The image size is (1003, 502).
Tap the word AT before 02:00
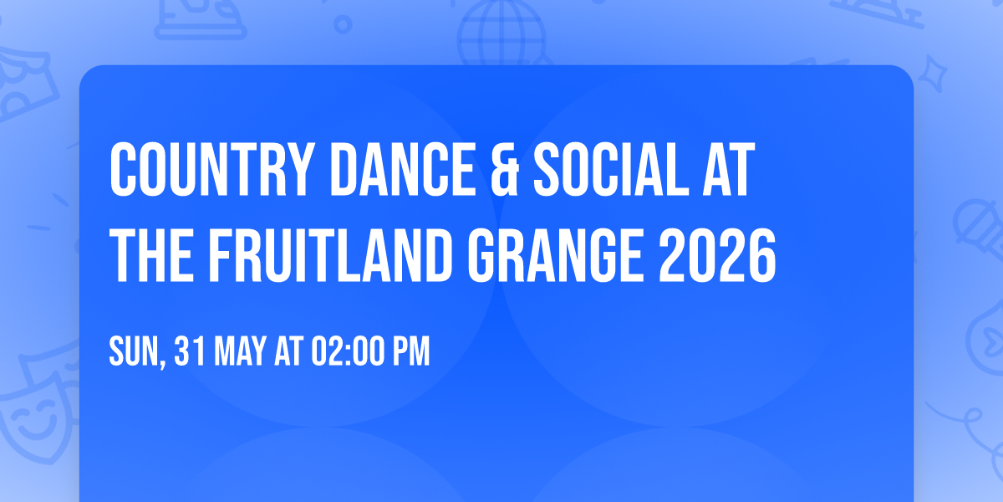pyautogui.click(x=289, y=352)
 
